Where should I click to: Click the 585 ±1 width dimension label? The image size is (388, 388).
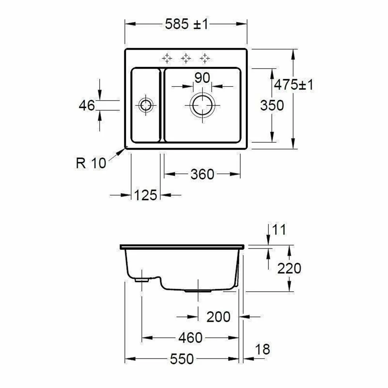[187, 24]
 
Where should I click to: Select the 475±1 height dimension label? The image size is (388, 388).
[294, 85]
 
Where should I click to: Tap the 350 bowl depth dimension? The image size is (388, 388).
[272, 106]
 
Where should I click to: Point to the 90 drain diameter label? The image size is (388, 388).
[202, 78]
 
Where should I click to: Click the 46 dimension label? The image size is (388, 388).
[87, 106]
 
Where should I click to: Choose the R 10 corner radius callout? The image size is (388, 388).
[91, 163]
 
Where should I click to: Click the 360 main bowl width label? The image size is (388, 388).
[202, 174]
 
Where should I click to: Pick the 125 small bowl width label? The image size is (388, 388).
[145, 195]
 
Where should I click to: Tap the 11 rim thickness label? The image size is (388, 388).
[279, 230]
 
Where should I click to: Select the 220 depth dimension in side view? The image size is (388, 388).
[289, 268]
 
